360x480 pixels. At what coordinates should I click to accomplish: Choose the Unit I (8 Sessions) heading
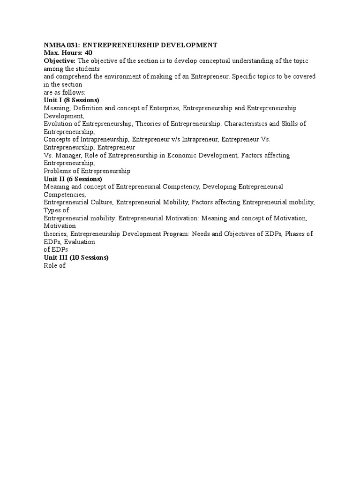tap(71, 100)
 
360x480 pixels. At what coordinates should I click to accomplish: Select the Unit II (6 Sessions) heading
tap(73, 179)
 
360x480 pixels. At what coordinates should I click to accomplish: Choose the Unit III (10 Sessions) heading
tap(76, 258)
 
